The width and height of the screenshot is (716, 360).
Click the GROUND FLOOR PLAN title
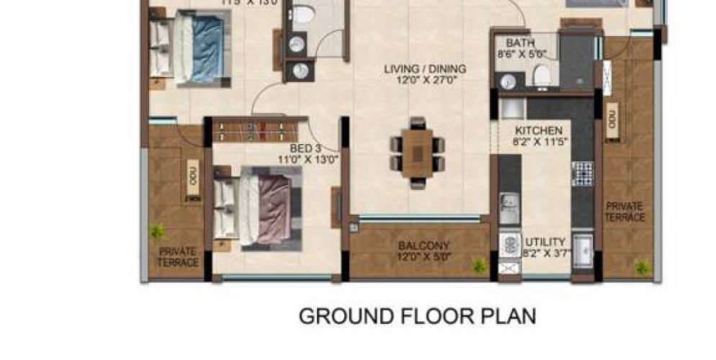coord(417,316)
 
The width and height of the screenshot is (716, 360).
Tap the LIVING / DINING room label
coord(424,69)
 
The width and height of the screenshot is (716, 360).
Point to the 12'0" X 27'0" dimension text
coord(424,80)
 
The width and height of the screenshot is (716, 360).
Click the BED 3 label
coord(309,148)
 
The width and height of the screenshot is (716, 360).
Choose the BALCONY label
coord(424,246)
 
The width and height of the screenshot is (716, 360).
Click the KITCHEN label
coord(538,131)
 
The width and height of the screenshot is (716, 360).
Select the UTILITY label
coord(545,242)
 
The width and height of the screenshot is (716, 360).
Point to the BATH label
coord(519,43)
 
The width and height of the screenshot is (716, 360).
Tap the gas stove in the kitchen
coord(581,173)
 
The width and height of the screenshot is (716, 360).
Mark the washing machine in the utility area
coord(509,243)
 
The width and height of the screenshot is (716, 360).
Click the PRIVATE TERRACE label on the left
coord(178,257)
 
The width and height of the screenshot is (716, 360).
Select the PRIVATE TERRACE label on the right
coord(625,212)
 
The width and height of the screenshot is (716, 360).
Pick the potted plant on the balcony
coord(478,266)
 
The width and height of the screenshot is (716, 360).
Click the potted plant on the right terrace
coord(640,267)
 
